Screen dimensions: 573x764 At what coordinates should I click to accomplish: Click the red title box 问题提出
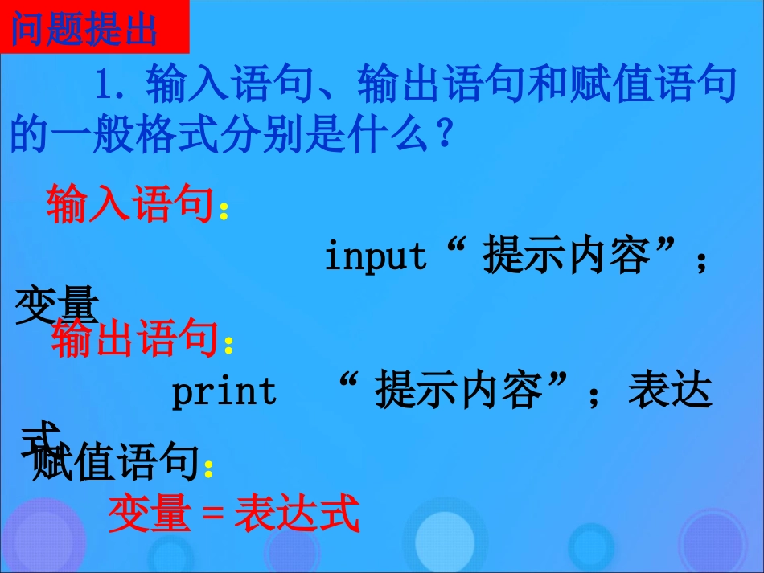coord(84,30)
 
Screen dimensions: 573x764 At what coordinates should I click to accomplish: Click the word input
coord(376,256)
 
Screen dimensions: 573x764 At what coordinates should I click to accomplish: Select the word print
coord(224,392)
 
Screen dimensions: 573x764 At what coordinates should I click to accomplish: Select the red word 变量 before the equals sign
coord(150,514)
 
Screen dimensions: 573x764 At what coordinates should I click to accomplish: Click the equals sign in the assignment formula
coord(212,515)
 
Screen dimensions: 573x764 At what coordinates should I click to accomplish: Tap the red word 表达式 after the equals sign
coord(296,514)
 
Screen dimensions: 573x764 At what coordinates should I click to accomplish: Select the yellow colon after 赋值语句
coord(208,469)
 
